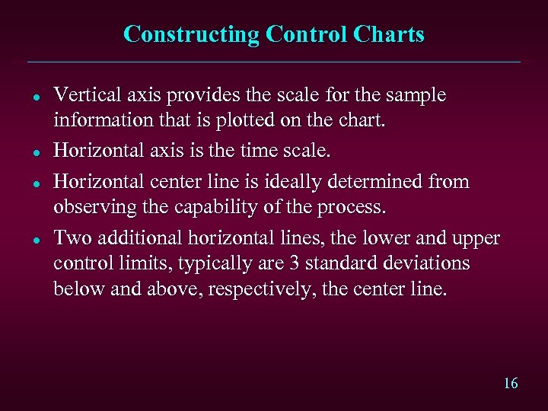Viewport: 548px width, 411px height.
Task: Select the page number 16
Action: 511,384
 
